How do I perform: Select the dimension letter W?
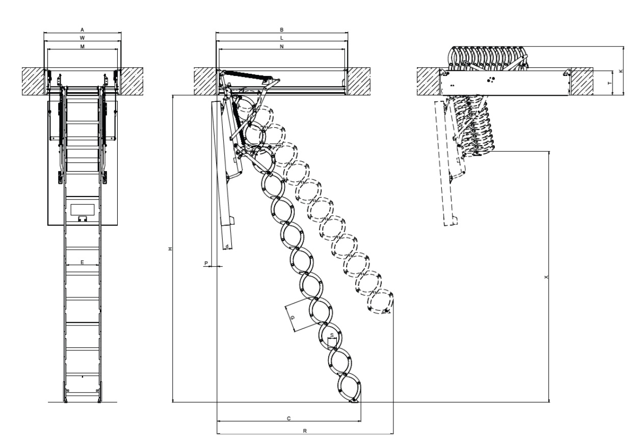click(x=83, y=38)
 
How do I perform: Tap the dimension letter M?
click(x=83, y=46)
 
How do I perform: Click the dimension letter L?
click(x=282, y=38)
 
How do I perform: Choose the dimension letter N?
click(x=282, y=46)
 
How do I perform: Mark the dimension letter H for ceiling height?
click(x=170, y=249)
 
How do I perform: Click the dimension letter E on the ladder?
click(x=82, y=262)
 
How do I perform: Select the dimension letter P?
click(x=206, y=263)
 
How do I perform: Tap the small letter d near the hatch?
click(x=226, y=246)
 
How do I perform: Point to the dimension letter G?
click(x=292, y=318)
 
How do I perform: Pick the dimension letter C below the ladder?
click(x=288, y=418)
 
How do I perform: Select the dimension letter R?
click(x=305, y=431)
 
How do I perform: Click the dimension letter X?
click(x=546, y=278)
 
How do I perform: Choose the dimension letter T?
click(x=609, y=82)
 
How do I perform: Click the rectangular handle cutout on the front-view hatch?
click(x=83, y=209)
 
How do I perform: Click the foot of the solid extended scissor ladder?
click(x=354, y=401)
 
